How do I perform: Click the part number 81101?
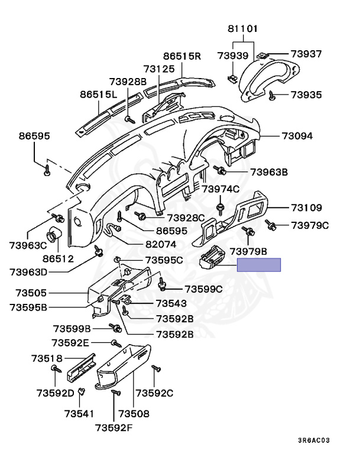tap(241, 28)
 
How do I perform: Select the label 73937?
tap(306, 54)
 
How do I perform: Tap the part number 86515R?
tap(182, 57)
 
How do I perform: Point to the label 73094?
tap(297, 136)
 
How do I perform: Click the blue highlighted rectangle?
tap(259, 265)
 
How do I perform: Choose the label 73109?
tap(306, 207)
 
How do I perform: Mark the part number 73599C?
tap(203, 289)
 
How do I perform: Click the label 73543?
tap(171, 303)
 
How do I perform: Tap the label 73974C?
tap(220, 189)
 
